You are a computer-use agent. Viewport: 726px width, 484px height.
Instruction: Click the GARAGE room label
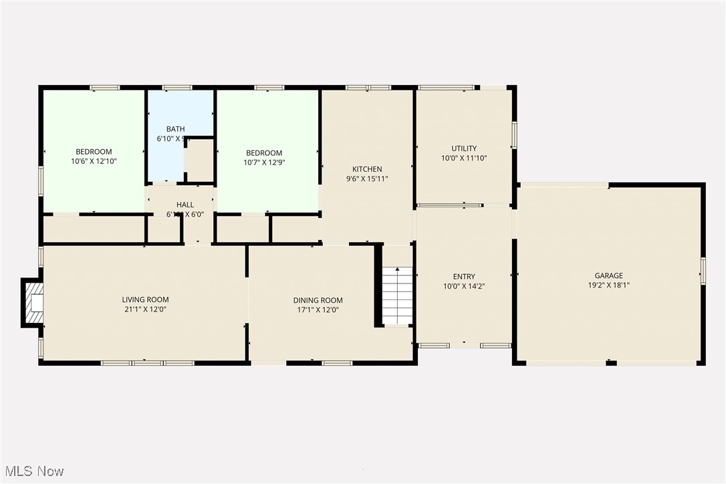pyautogui.click(x=608, y=275)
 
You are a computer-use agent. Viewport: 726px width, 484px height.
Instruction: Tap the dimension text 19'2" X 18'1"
pyautogui.click(x=608, y=285)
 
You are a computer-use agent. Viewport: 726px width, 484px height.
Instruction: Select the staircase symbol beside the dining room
pyautogui.click(x=398, y=295)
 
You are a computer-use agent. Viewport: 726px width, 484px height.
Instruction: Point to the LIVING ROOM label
pyautogui.click(x=145, y=299)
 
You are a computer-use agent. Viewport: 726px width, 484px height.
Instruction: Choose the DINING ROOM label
pyautogui.click(x=318, y=301)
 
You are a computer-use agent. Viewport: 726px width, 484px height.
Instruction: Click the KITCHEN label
pyautogui.click(x=367, y=169)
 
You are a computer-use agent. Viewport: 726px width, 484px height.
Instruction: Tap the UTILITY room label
pyautogui.click(x=464, y=148)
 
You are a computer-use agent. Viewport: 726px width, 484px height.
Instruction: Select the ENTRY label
pyautogui.click(x=464, y=277)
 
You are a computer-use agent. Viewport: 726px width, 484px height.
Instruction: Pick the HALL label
pyautogui.click(x=185, y=205)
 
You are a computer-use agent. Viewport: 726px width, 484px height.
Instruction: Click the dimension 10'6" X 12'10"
pyautogui.click(x=94, y=161)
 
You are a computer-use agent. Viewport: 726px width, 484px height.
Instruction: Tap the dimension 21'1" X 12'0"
pyautogui.click(x=145, y=310)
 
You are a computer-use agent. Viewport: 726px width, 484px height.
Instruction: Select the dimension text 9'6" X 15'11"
pyautogui.click(x=367, y=178)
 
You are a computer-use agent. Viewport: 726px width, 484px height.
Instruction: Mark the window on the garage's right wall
pyautogui.click(x=703, y=271)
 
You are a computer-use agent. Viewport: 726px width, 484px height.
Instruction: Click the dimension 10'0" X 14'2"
pyautogui.click(x=464, y=286)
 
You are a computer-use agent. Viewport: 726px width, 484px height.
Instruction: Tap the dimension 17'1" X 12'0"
pyautogui.click(x=318, y=310)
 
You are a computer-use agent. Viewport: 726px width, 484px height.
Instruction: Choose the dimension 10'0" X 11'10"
pyautogui.click(x=464, y=158)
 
